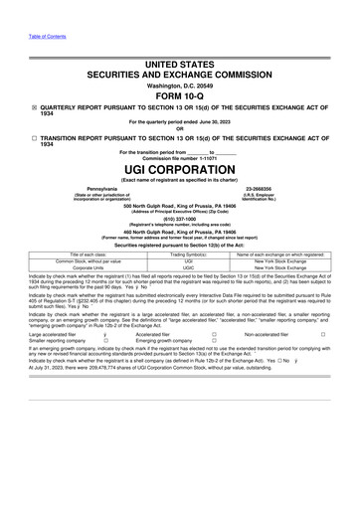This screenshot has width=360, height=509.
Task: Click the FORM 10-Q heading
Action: pyautogui.click(x=179, y=97)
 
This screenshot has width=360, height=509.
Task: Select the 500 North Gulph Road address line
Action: pyautogui.click(x=179, y=202)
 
